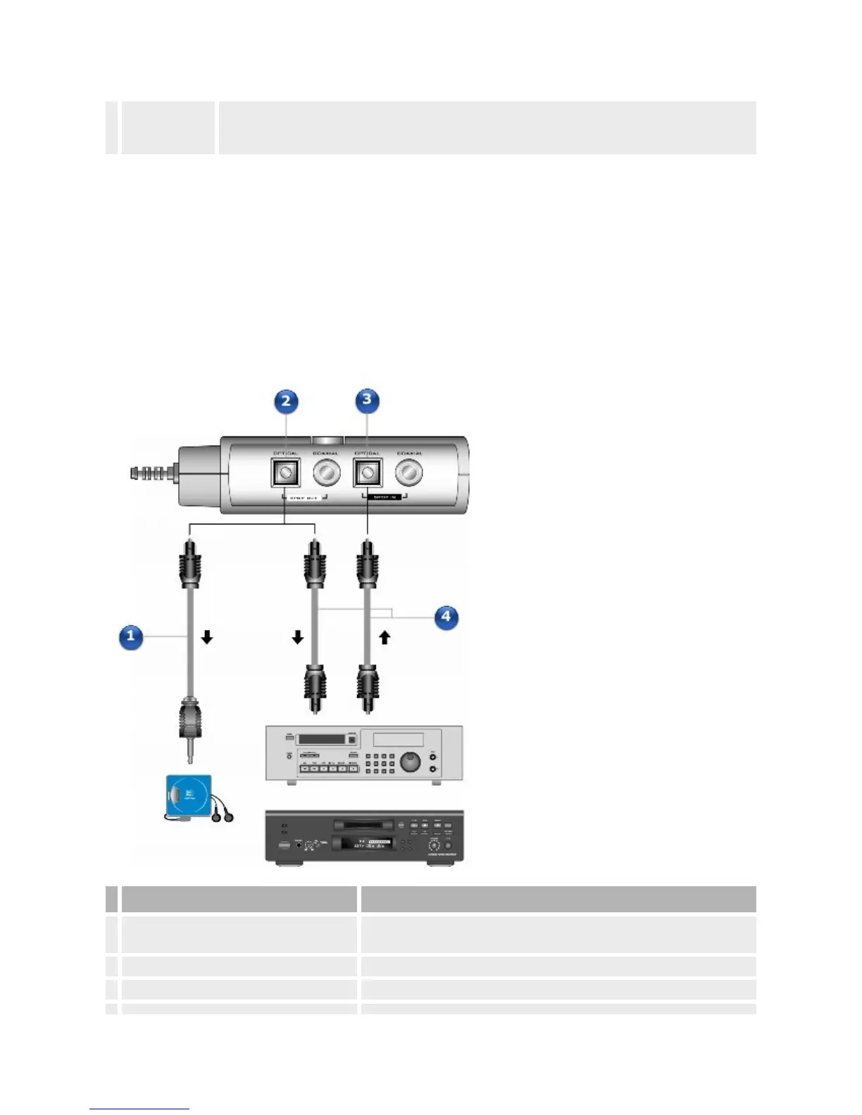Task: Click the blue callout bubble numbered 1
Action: [131, 637]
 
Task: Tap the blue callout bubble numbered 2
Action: [285, 402]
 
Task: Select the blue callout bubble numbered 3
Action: [366, 401]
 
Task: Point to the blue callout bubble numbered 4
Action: [446, 617]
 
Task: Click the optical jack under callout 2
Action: [285, 472]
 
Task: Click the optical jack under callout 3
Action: [367, 472]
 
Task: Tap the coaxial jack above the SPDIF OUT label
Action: [326, 473]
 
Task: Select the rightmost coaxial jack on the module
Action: [409, 473]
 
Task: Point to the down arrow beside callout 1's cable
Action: [207, 638]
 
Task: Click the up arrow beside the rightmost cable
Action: [385, 638]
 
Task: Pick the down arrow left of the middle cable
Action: [297, 638]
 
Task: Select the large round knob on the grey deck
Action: [410, 762]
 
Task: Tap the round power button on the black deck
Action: [285, 847]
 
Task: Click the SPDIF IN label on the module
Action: [386, 497]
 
